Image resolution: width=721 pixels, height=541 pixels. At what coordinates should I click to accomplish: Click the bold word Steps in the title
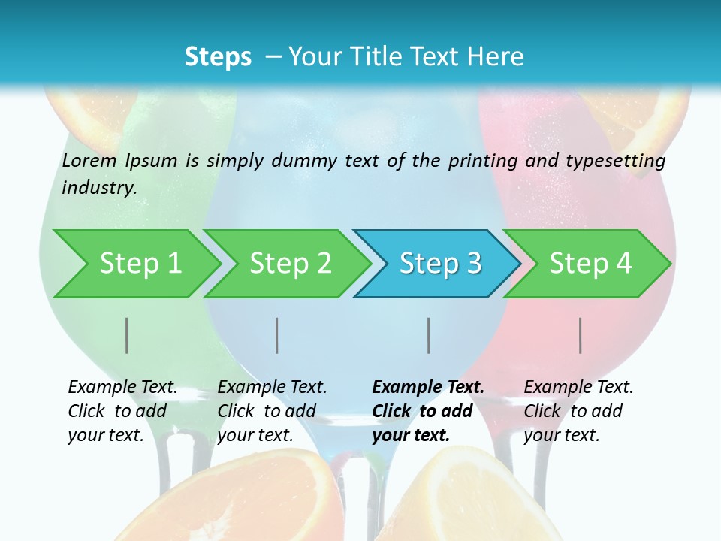pyautogui.click(x=218, y=57)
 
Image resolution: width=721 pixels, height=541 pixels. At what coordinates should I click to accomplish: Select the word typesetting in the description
pyautogui.click(x=615, y=160)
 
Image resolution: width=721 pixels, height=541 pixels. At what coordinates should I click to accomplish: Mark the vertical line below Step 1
pyautogui.click(x=127, y=335)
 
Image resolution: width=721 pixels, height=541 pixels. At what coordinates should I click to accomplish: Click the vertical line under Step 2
pyautogui.click(x=277, y=335)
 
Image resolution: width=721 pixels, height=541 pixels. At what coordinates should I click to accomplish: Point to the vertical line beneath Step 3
pyautogui.click(x=429, y=335)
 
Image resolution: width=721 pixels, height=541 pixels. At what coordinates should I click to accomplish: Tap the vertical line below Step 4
pyautogui.click(x=581, y=335)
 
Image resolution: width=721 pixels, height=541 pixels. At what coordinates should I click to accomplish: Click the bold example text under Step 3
pyautogui.click(x=427, y=411)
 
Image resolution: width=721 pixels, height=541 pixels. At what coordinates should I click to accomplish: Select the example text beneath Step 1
pyautogui.click(x=122, y=411)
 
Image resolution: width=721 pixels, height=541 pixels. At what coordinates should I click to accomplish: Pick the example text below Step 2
pyautogui.click(x=271, y=411)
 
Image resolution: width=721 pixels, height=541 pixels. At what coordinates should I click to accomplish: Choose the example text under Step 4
pyautogui.click(x=578, y=411)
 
